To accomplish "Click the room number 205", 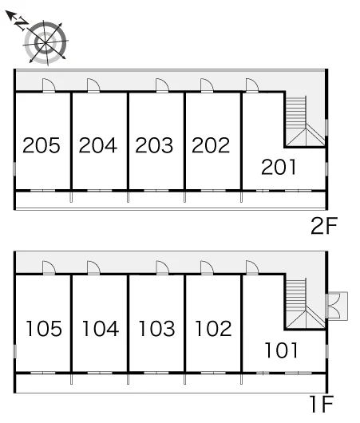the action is (42, 145).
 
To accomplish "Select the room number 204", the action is (98, 145).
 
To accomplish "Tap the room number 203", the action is (154, 145).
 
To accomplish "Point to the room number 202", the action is (211, 145).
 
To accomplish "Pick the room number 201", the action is (279, 167).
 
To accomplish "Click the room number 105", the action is (44, 328).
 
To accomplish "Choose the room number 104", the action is (101, 328).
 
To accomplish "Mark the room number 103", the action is (156, 328).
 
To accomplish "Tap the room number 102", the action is (213, 328).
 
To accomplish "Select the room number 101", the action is (282, 350).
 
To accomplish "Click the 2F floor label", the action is (324, 226).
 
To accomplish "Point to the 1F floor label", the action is (322, 404).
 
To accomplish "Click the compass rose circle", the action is (45, 42).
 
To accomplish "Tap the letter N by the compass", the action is (22, 24).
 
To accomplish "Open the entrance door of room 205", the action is (49, 85).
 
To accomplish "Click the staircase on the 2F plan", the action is (305, 121).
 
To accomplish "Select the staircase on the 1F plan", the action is (305, 304).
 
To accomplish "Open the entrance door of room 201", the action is (252, 85).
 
